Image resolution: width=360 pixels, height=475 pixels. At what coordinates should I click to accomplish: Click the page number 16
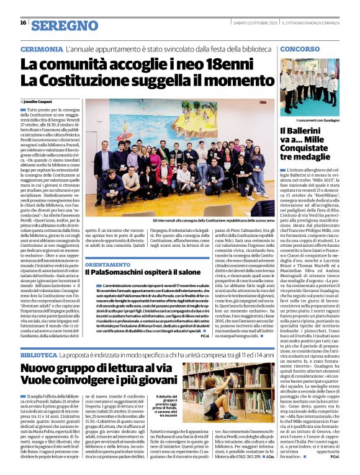point(22,23)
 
